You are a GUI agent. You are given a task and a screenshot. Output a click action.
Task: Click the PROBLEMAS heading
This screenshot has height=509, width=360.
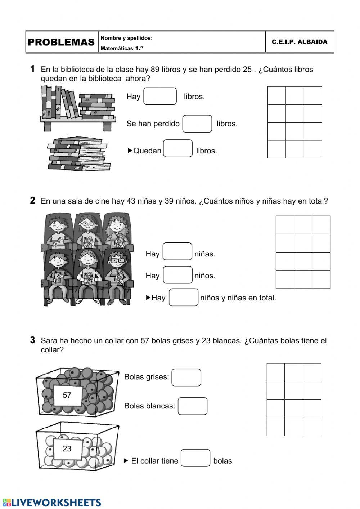61,42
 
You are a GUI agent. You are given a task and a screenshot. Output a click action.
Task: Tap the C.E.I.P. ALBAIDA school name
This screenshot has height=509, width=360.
300,42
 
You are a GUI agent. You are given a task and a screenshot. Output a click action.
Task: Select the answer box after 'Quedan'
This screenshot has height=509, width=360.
178,149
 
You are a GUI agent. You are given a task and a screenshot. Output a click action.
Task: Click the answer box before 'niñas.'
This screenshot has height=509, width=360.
177,251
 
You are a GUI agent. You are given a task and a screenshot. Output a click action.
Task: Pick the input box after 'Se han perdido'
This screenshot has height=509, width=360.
197,124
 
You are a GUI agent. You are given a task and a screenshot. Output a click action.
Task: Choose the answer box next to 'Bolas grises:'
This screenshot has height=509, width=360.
186,378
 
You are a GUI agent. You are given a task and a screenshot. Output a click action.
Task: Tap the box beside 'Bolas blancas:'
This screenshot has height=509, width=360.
193,406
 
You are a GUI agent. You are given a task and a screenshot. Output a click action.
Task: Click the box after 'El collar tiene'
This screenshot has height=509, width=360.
195,458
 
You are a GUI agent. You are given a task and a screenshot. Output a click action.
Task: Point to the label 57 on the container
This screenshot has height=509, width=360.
67,395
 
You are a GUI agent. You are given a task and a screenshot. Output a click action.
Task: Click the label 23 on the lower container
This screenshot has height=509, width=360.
67,449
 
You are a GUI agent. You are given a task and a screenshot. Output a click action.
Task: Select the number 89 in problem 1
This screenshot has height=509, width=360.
155,70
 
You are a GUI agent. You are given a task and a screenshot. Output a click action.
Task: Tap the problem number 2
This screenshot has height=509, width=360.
33,201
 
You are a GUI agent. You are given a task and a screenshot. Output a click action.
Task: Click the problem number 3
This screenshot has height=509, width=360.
33,340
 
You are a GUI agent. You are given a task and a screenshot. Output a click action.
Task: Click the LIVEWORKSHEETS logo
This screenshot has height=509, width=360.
52,503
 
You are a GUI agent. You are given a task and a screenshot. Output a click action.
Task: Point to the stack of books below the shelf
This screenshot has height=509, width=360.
78,153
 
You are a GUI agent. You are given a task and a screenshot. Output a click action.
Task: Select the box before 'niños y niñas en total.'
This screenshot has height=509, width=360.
184,298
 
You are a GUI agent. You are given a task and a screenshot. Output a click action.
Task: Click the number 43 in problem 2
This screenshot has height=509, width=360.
131,201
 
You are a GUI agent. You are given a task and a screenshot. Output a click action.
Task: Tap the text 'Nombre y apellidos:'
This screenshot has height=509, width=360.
127,38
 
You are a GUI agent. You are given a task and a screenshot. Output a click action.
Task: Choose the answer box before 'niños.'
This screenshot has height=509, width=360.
177,275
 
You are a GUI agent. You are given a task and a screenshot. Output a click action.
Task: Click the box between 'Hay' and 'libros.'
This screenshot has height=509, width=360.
160,97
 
